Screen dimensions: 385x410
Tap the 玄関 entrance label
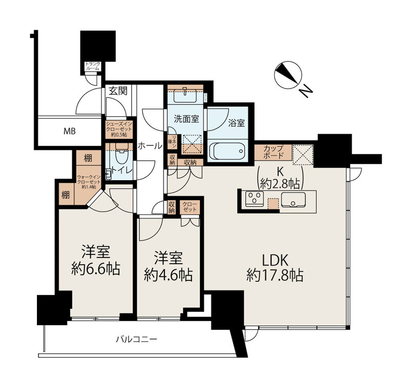[x=117, y=91]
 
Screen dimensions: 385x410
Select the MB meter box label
[x=69, y=132]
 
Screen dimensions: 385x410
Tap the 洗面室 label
[x=186, y=119]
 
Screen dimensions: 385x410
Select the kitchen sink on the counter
[x=293, y=201]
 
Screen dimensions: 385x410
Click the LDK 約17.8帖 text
[x=274, y=267]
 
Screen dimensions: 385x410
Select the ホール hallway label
[x=150, y=145]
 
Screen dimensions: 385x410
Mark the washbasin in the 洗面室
[x=184, y=97]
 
